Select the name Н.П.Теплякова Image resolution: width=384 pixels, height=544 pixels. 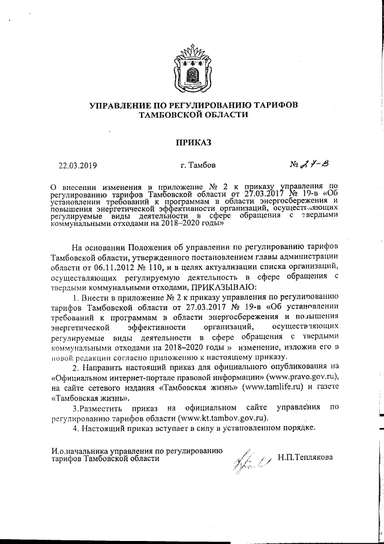coord(305,457)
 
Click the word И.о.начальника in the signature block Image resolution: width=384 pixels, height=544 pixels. coord(78,450)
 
